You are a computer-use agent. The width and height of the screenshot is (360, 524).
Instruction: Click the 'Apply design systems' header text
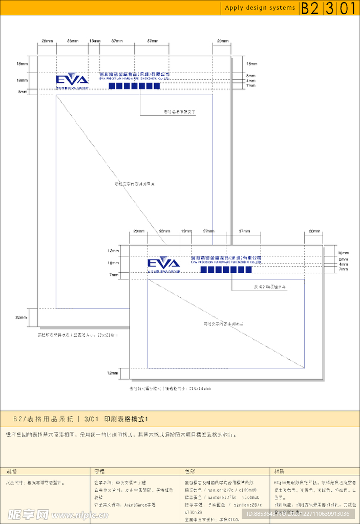(260, 8)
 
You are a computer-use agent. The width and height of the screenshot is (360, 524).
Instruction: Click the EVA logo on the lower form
(164, 264)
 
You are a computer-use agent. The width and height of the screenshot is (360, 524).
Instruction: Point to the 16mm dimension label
(344, 253)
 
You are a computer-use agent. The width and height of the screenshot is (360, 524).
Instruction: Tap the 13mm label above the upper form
(95, 40)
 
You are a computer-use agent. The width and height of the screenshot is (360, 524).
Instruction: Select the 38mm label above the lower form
(164, 231)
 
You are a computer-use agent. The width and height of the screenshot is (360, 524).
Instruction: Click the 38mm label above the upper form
(73, 40)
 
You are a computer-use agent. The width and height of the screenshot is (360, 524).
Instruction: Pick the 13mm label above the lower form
(186, 231)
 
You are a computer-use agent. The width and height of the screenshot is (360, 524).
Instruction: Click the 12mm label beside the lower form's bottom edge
(113, 373)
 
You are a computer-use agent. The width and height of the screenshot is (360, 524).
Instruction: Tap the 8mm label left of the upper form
(23, 92)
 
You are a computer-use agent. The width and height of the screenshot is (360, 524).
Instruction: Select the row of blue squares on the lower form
(226, 270)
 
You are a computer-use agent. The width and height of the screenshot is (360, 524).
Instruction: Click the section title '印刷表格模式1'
(125, 419)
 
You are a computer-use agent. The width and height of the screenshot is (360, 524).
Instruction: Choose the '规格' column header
(12, 471)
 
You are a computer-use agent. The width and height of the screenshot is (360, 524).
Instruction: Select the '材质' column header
(280, 471)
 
